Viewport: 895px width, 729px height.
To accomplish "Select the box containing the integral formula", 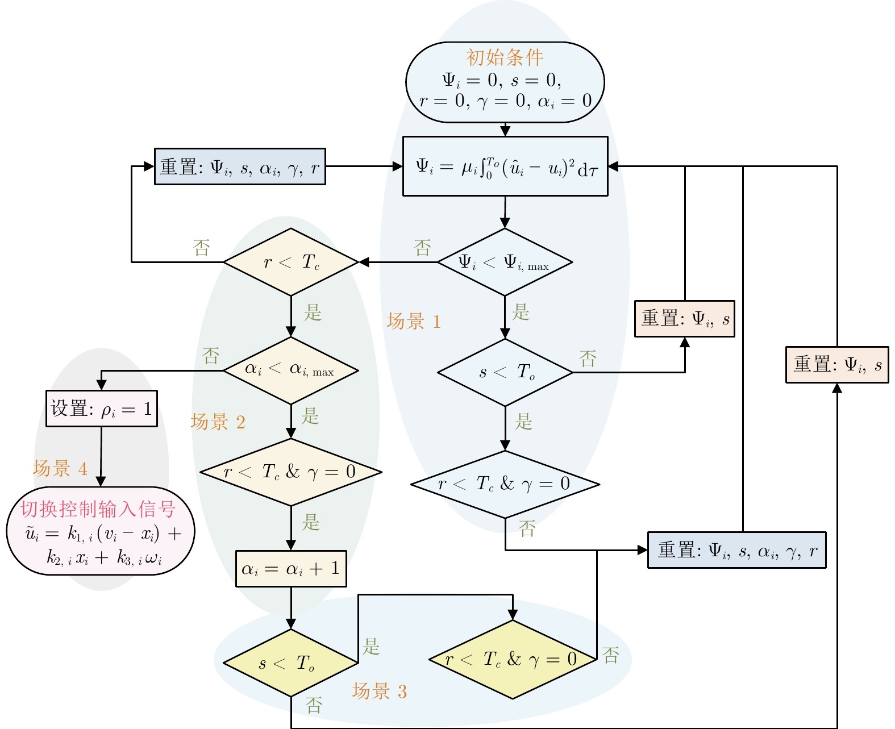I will coord(505,166).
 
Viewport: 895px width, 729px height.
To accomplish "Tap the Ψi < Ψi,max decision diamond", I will coord(505,262).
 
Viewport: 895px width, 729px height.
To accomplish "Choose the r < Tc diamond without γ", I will coord(291,262).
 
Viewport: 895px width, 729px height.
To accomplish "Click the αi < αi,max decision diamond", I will coord(291,370).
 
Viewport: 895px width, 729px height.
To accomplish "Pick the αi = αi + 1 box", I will coord(291,568).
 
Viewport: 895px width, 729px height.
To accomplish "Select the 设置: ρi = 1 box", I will coord(101,409).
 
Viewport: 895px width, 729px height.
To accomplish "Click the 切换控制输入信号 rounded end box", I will coord(101,531).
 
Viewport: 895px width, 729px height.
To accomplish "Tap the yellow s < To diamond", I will coord(291,663).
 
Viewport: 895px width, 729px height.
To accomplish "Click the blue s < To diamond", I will coord(505,372).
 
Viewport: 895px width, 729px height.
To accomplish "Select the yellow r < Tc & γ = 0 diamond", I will coord(513,659).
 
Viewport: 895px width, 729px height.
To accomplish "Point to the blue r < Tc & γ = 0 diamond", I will coord(505,484).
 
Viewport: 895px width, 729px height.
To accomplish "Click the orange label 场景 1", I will coord(414,322).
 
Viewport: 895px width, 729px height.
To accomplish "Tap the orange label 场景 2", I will coord(218,422).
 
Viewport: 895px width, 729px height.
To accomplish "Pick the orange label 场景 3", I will coord(380,691).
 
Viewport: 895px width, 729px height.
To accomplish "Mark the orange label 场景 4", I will coord(60,468).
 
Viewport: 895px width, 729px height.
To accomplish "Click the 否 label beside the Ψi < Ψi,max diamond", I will coord(422,248).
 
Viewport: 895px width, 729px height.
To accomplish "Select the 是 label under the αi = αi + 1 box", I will coord(371,646).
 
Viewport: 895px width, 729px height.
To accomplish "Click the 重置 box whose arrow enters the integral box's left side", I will coord(240,166).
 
